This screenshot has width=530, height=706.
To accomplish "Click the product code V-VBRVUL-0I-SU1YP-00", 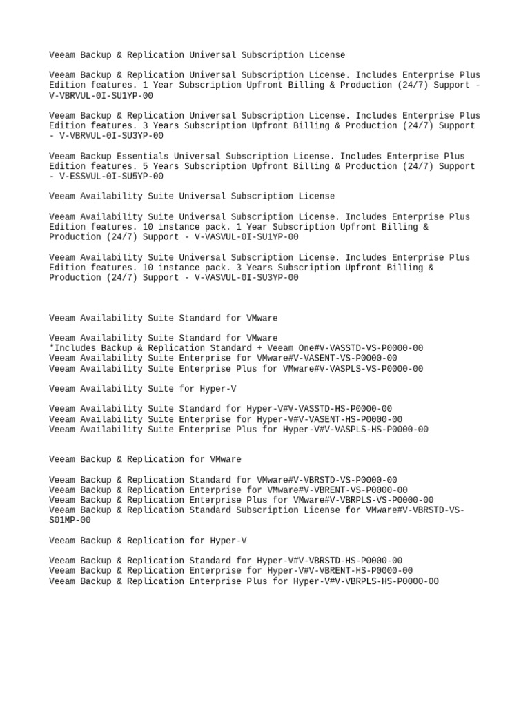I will (x=101, y=96).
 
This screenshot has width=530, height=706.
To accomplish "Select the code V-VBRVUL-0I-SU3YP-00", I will (x=111, y=136).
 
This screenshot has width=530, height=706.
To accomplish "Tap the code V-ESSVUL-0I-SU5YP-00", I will (x=111, y=176).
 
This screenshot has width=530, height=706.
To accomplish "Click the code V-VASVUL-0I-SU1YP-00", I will (x=246, y=237).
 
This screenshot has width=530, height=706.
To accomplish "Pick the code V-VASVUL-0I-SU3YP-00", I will (x=246, y=277).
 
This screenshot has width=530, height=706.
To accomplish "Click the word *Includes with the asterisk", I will (x=72, y=348).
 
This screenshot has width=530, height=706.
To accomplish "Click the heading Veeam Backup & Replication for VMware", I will (x=145, y=459).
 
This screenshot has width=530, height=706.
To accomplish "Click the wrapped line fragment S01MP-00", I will (x=70, y=521).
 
